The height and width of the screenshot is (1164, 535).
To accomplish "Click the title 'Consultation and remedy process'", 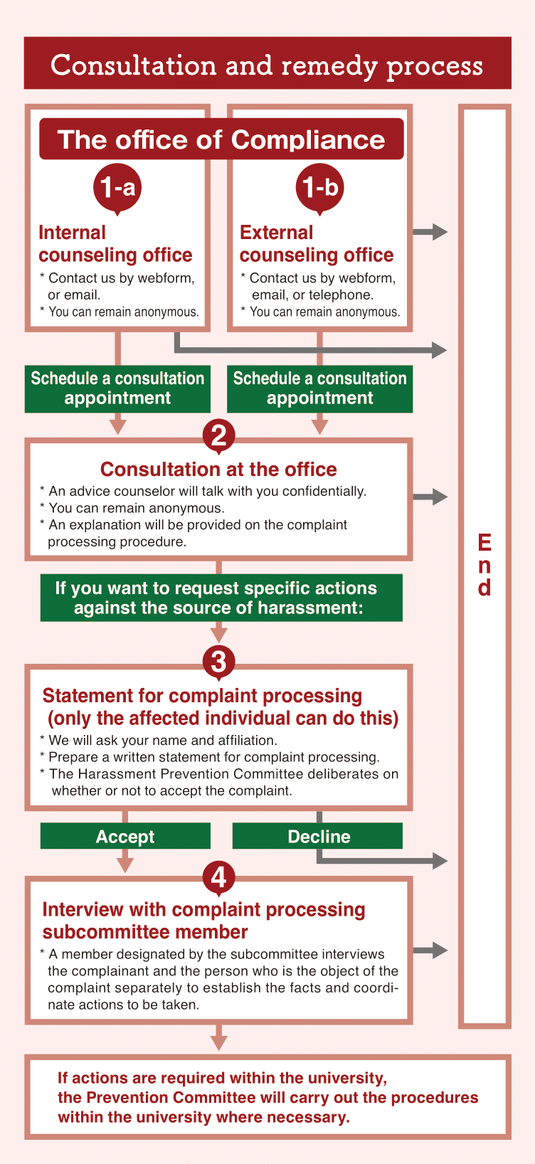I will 267,65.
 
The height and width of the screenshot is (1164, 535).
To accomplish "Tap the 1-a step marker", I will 117,187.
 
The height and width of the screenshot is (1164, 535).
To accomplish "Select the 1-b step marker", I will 319,187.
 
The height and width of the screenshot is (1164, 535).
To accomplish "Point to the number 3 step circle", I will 218,662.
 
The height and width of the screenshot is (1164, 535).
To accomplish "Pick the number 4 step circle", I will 218,877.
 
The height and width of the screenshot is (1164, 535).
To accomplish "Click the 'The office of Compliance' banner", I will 221,139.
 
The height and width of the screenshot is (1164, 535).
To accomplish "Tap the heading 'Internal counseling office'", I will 115,244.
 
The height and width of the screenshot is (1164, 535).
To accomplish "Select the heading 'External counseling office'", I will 317,244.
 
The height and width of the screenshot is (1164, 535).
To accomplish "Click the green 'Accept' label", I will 125,836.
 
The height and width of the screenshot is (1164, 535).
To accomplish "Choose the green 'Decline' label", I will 318,836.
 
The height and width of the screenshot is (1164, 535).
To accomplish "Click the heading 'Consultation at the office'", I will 218,470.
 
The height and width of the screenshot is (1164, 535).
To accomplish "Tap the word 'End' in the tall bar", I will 484,565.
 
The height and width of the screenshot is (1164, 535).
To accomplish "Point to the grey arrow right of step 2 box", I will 430,497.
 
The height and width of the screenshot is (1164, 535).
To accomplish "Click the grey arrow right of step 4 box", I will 430,950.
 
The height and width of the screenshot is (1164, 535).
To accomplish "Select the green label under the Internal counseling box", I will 117,388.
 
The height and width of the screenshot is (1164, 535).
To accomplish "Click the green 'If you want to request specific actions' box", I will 221,598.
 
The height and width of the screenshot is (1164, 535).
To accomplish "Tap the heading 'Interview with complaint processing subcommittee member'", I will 203,921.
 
